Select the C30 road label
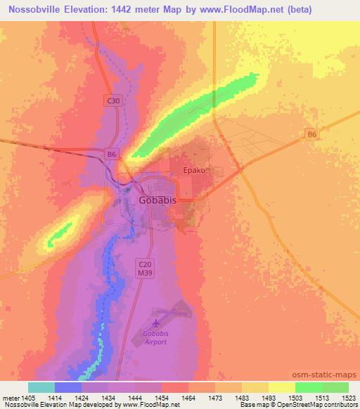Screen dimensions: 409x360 coord(114,101)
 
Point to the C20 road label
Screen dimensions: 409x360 coord(143,261)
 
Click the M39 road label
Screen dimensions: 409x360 coord(143,271)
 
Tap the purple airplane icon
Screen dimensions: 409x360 coord(155,323)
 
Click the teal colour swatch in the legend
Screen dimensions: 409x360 coord(41,387)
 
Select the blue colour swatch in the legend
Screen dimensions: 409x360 coord(68,387)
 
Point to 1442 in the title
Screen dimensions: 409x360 coord(128,10)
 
